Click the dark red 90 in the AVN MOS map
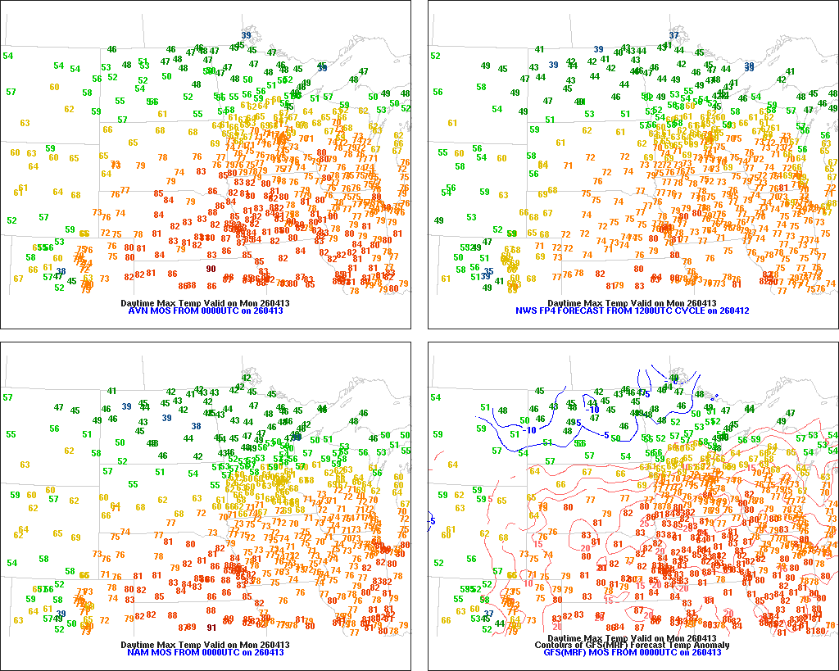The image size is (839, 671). pyautogui.click(x=211, y=269)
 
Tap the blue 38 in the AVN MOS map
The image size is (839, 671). pyautogui.click(x=61, y=271)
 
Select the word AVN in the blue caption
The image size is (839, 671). pyautogui.click(x=138, y=311)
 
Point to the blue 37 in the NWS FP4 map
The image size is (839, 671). pyautogui.click(x=673, y=34)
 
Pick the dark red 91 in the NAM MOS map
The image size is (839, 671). pyautogui.click(x=211, y=627)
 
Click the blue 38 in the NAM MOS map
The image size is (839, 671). pyautogui.click(x=196, y=426)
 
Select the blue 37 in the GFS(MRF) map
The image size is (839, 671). pyautogui.click(x=488, y=614)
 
